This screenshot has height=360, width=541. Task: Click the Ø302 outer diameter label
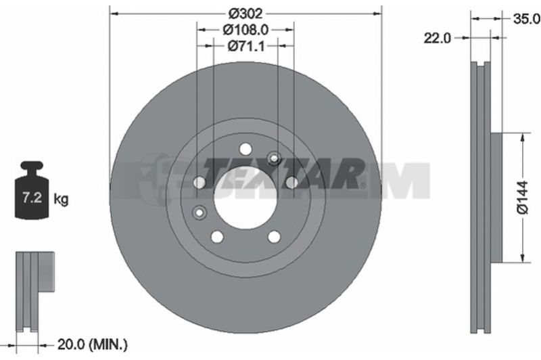(245, 14)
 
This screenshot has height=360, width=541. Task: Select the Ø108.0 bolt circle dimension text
(245, 30)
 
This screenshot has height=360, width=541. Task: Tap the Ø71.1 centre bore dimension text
(246, 45)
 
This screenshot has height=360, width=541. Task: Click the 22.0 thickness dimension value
(437, 38)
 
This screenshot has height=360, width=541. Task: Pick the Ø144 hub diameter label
(523, 197)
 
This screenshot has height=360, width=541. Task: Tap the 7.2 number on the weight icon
(32, 198)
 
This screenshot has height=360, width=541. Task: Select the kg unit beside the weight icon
(61, 199)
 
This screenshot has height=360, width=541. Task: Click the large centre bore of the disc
(245, 198)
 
